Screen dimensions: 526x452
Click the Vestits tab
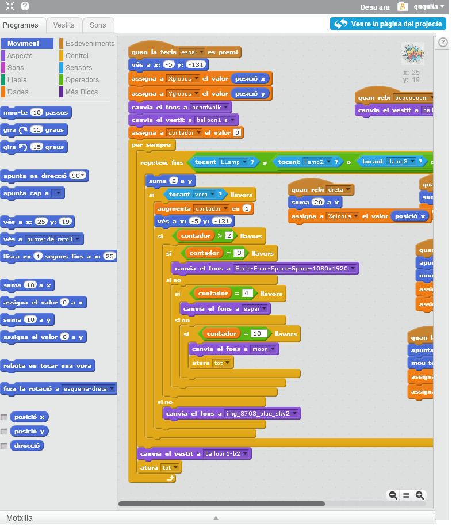(64, 25)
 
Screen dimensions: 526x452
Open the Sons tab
(98, 25)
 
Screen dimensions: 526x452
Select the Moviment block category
(23, 44)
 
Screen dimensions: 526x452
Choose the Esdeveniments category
(90, 44)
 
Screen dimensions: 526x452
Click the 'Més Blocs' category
(82, 92)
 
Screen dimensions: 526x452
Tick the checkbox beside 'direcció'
(4, 446)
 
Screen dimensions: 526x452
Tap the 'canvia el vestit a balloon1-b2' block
(173, 454)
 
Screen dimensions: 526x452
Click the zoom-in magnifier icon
(420, 495)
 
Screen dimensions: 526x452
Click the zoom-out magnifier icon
(393, 495)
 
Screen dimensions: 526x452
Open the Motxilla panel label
(20, 518)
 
